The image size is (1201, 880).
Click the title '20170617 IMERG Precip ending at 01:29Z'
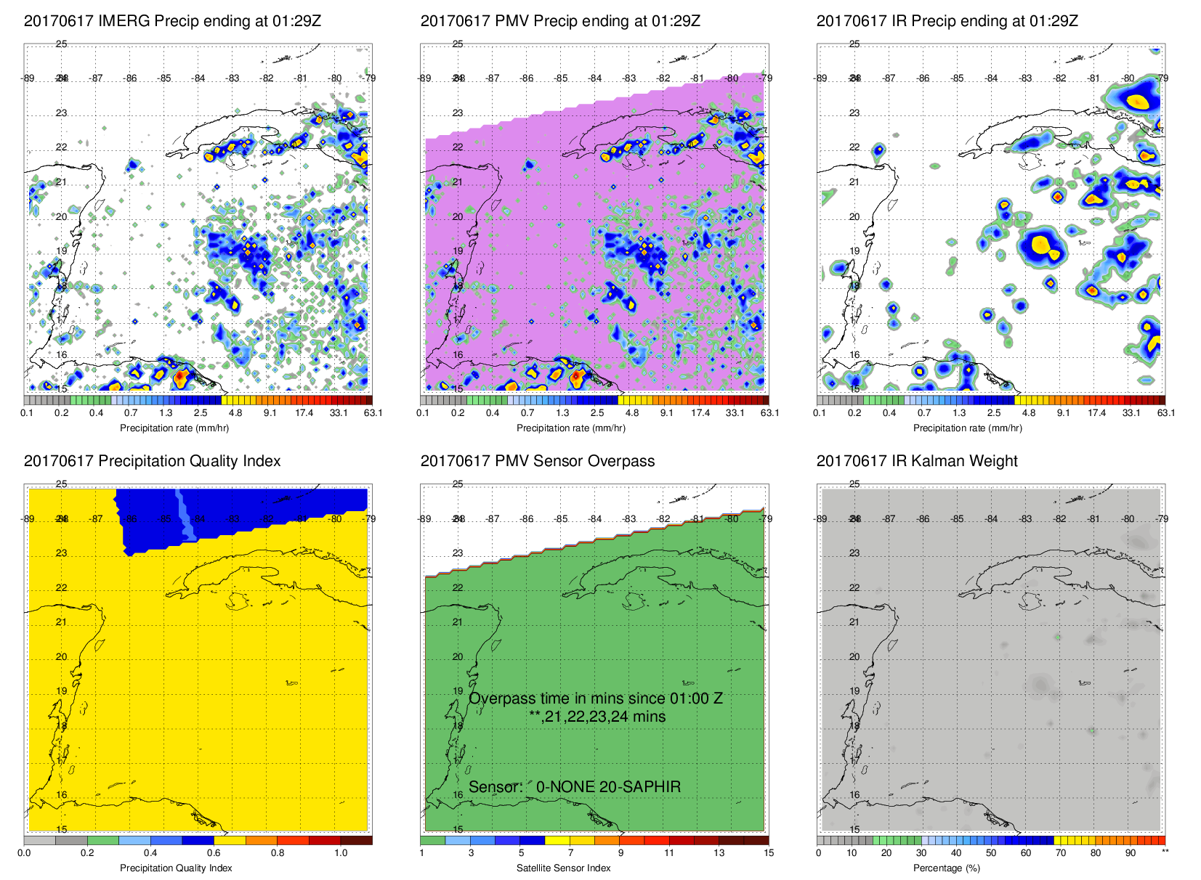[x=172, y=21]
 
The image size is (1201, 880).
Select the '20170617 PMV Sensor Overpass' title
[x=537, y=461]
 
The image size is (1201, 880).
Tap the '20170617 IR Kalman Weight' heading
[x=917, y=461]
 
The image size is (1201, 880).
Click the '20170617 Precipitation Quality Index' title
[x=152, y=461]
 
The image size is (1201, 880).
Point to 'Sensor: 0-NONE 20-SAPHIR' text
[x=575, y=787]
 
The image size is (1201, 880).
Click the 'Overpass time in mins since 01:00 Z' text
[x=596, y=698]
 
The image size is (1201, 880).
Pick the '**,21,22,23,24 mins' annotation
[x=597, y=717]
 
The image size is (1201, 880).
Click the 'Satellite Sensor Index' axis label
[x=563, y=868]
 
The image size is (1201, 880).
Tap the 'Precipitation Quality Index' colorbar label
[x=176, y=868]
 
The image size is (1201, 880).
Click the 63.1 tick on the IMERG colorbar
[x=373, y=413]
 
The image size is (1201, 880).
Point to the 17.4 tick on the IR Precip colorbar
[x=1096, y=413]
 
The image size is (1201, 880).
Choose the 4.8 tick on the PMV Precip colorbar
[x=632, y=413]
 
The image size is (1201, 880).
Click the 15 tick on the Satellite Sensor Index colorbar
[x=768, y=853]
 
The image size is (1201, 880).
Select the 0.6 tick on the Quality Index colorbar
[x=214, y=853]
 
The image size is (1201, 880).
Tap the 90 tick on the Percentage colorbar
[x=1131, y=853]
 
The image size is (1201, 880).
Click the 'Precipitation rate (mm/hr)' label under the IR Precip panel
[x=967, y=428]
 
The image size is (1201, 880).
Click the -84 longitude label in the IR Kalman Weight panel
[x=992, y=519]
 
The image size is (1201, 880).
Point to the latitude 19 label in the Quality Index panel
[x=62, y=691]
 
